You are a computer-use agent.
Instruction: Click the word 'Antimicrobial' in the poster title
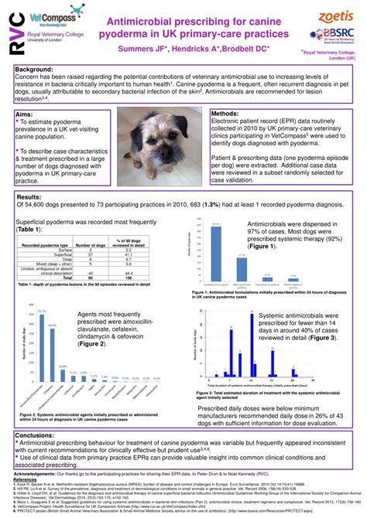[x=144, y=18]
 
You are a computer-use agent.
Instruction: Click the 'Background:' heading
[x=36, y=70]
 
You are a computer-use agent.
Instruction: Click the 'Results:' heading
[x=31, y=197]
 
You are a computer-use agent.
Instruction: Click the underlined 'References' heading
[x=24, y=479]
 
